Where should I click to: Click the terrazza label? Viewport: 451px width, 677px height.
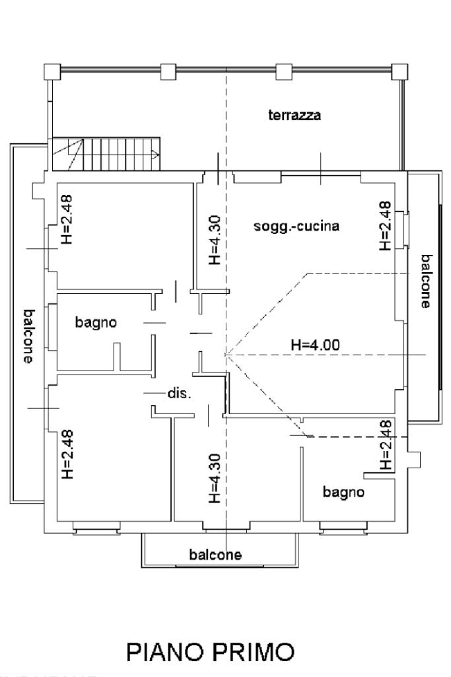tap(295, 116)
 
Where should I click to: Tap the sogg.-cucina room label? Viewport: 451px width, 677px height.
tap(296, 227)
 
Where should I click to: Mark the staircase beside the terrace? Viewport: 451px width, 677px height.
tap(106, 155)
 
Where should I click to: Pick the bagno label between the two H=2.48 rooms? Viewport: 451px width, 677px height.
tap(96, 323)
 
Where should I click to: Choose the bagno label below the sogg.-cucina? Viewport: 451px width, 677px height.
tap(343, 492)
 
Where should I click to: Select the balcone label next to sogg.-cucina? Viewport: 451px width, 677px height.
tap(426, 281)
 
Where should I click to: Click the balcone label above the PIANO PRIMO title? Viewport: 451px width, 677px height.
tap(215, 554)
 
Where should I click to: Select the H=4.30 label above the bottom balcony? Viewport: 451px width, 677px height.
tap(213, 477)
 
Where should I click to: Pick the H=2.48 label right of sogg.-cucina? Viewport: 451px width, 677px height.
tap(386, 226)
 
